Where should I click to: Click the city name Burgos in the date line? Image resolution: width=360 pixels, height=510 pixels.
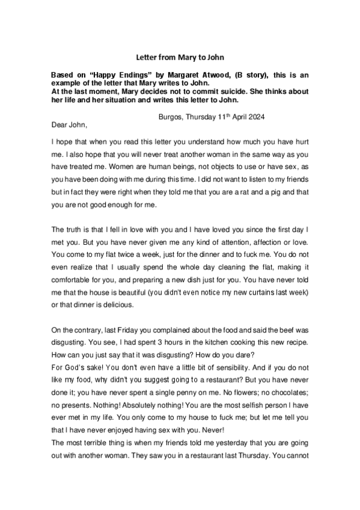click(x=170, y=116)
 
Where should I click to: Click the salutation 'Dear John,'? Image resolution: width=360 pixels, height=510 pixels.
click(x=70, y=125)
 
